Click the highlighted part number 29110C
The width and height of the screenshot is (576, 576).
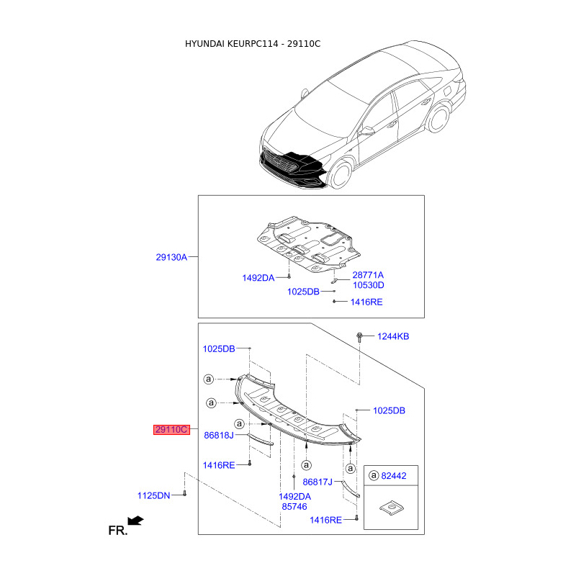click(x=171, y=429)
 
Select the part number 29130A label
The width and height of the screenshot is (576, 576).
click(x=171, y=257)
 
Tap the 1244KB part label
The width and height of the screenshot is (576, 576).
click(x=393, y=336)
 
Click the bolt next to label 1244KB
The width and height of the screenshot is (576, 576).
click(x=359, y=337)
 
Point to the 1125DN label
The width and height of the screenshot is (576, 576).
click(x=153, y=495)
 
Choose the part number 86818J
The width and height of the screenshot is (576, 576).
click(x=219, y=436)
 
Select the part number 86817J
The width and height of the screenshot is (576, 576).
click(x=318, y=482)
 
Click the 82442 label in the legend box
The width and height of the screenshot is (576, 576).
click(x=394, y=476)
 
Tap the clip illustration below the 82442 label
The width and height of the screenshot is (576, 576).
click(x=392, y=508)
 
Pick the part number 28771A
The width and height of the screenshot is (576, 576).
click(x=368, y=275)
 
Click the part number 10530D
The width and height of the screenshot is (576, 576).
click(x=369, y=285)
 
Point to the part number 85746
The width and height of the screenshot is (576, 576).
click(x=294, y=507)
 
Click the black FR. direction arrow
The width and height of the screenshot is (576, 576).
click(x=135, y=521)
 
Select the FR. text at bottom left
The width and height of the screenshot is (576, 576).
click(x=118, y=531)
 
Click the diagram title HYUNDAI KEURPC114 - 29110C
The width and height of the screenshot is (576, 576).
click(x=253, y=44)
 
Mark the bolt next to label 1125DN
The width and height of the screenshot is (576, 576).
click(x=185, y=493)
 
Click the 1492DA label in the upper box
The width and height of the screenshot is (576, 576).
click(x=258, y=278)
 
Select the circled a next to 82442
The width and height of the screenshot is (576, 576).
click(x=374, y=475)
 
